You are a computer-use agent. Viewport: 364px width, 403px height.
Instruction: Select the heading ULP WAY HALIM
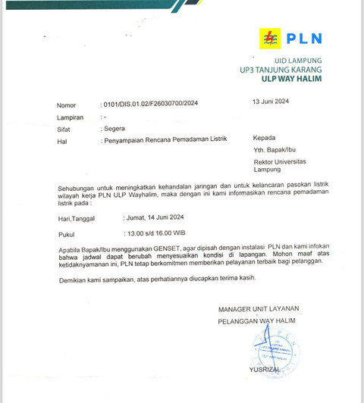(292, 78)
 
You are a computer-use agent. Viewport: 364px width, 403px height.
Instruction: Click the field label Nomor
(67, 105)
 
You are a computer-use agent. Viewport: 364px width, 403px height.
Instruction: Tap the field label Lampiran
(71, 117)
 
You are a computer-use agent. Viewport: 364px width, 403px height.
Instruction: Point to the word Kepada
(265, 139)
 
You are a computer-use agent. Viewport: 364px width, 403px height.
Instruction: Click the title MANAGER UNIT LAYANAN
(259, 309)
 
